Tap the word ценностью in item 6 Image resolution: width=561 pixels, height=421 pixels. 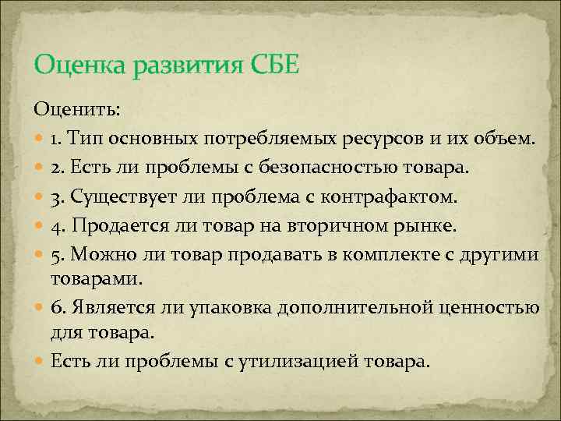pyautogui.click(x=495, y=306)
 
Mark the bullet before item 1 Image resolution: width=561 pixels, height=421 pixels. pyautogui.click(x=40, y=140)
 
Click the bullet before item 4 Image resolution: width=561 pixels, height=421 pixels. pyautogui.click(x=40, y=224)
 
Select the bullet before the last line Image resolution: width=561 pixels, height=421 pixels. pyautogui.click(x=40, y=363)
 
